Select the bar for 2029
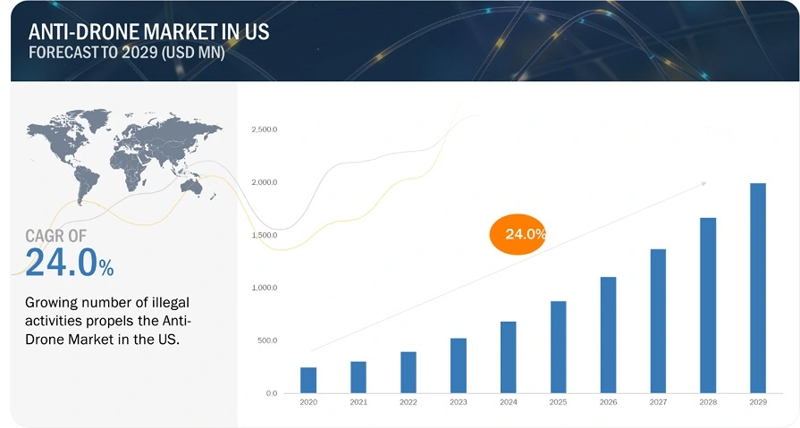(758, 288)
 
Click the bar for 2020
(308, 380)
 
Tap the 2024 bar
(509, 357)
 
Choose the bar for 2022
(408, 372)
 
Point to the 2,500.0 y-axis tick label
(265, 130)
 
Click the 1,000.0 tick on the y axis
(265, 288)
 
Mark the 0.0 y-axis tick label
(270, 393)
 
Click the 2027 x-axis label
(658, 404)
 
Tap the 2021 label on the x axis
(358, 404)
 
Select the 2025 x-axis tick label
(558, 404)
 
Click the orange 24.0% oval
(518, 234)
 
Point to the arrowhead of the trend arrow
(703, 184)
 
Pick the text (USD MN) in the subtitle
(188, 52)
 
